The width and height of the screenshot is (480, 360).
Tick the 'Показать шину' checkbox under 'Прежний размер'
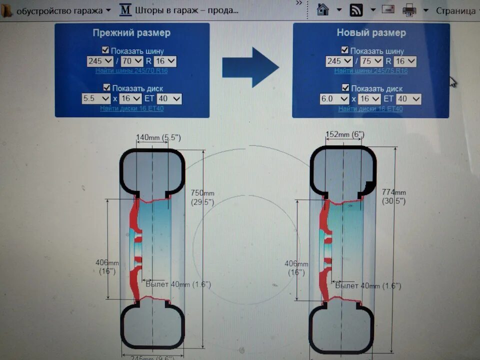(x=105, y=50)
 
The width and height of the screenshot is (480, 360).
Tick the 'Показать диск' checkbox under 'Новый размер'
(x=345, y=87)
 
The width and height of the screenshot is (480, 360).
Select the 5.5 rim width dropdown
(x=96, y=98)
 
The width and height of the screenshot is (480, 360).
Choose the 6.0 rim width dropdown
(x=334, y=98)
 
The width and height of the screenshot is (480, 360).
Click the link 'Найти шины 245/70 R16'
(x=131, y=71)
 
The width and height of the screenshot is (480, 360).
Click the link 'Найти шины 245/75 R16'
(x=370, y=71)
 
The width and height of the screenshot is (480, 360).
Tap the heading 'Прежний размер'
(x=131, y=33)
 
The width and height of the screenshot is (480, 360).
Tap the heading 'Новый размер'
(x=371, y=33)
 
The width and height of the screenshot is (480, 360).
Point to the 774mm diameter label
(x=394, y=192)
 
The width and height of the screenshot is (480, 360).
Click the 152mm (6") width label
(x=344, y=134)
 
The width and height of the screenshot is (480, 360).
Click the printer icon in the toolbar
(x=409, y=9)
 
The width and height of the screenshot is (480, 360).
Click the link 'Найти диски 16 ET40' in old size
(x=132, y=108)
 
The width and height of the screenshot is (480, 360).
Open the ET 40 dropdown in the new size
(x=409, y=98)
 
